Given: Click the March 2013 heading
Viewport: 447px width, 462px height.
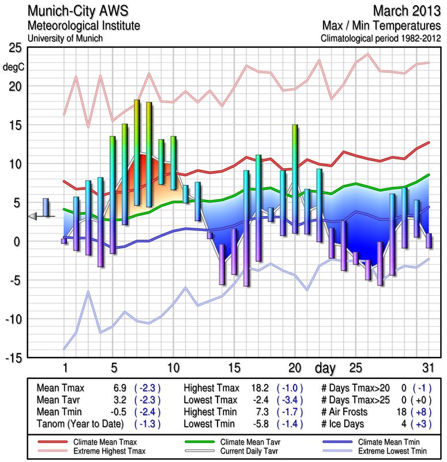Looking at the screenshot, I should tap(406, 11).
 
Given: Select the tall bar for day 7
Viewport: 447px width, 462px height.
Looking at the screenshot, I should tap(137, 152).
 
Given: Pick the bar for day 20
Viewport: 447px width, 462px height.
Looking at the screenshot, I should tap(295, 179).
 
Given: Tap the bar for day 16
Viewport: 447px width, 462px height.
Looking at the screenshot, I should tap(246, 228).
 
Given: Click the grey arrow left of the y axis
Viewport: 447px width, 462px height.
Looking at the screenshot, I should tap(33, 216).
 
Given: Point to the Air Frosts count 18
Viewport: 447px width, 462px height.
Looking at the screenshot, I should tap(403, 412).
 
